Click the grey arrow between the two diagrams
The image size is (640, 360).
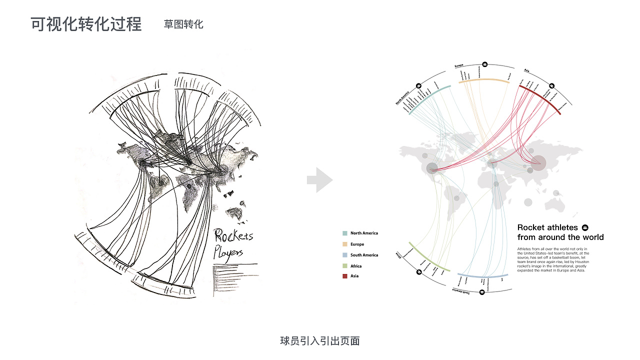(319, 180)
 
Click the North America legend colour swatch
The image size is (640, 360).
(344, 233)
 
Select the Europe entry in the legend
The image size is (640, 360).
(357, 244)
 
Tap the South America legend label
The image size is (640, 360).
(364, 255)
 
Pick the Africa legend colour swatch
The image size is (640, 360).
(344, 266)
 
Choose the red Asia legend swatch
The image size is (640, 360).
(344, 276)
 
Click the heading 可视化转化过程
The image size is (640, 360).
(86, 24)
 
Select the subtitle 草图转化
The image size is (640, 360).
(183, 24)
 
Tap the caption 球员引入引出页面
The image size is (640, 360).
(320, 341)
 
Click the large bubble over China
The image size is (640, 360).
(538, 162)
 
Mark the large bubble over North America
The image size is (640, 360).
(432, 168)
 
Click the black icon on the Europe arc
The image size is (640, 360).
(484, 65)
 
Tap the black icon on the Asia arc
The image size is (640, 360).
(552, 86)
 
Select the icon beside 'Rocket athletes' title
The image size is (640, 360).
(585, 227)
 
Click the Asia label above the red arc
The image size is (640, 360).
(526, 70)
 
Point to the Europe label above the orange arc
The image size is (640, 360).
(458, 66)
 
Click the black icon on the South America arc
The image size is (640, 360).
(482, 291)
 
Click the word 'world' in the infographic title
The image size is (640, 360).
(593, 237)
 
